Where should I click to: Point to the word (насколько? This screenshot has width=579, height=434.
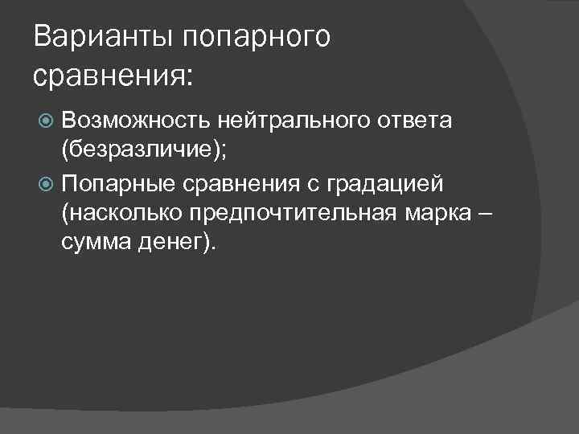click(x=121, y=215)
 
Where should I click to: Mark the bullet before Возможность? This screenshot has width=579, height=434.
click(x=47, y=121)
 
